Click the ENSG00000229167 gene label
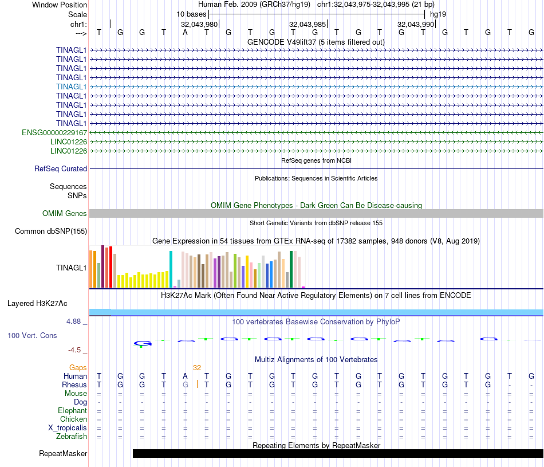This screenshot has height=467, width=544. click(54, 132)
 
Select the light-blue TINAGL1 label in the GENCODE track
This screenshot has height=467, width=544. click(72, 87)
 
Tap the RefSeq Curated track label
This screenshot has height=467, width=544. click(61, 169)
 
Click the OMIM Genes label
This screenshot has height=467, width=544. click(65, 214)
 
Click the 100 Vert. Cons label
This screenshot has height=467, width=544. click(32, 335)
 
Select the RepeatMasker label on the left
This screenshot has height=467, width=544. click(63, 454)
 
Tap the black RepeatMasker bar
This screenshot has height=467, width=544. click(338, 453)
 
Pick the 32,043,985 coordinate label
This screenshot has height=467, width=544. click(308, 25)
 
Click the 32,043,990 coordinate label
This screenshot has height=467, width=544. click(416, 25)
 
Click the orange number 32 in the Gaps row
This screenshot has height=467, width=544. click(197, 367)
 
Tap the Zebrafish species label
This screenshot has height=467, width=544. click(72, 437)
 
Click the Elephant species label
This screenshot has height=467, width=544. click(72, 411)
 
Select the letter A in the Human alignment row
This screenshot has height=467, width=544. click(185, 376)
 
